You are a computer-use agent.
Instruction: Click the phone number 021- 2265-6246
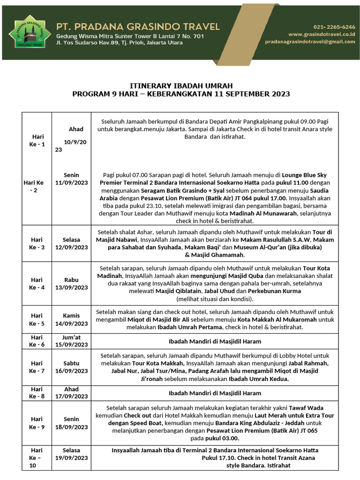(x=334, y=27)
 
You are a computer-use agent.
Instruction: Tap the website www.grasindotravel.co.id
(x=322, y=34)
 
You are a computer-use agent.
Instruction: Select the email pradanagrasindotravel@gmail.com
(x=310, y=42)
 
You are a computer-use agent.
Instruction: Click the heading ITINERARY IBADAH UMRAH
(x=181, y=86)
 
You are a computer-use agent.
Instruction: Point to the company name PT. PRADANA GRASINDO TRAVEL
(x=138, y=26)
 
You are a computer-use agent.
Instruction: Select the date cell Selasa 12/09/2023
(x=71, y=243)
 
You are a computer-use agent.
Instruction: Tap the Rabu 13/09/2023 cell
(x=71, y=284)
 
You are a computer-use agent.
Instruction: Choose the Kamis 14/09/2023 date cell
(x=71, y=320)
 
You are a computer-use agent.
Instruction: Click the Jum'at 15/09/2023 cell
(x=71, y=341)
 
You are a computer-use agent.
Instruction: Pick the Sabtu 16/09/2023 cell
(x=71, y=367)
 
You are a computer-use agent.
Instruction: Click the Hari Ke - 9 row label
(x=37, y=423)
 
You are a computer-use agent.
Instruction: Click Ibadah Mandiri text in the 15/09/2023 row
(x=215, y=341)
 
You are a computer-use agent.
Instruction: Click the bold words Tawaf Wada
(x=306, y=408)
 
